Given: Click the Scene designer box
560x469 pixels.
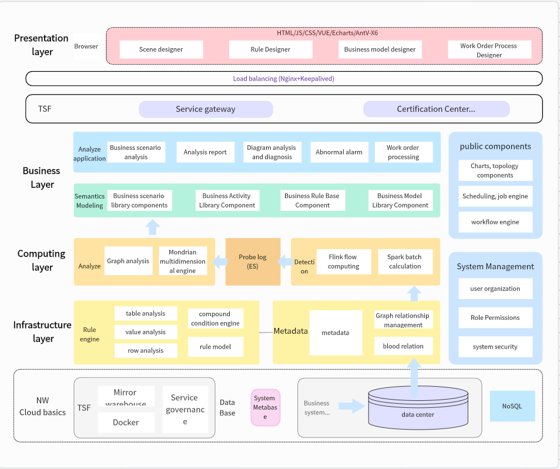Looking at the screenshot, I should pyautogui.click(x=161, y=49).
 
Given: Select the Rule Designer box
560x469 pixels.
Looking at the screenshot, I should pyautogui.click(x=270, y=49).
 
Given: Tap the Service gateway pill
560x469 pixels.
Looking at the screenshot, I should pyautogui.click(x=206, y=109).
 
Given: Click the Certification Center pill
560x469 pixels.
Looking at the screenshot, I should pyautogui.click(x=436, y=109).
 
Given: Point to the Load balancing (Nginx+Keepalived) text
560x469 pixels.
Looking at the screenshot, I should pyautogui.click(x=283, y=78).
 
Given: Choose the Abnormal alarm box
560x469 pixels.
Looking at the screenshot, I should pyautogui.click(x=339, y=152).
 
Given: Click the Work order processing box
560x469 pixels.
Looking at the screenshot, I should pyautogui.click(x=403, y=152).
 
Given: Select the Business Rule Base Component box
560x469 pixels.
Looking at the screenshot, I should pyautogui.click(x=312, y=200).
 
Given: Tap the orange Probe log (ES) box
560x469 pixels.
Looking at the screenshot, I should pyautogui.click(x=253, y=262).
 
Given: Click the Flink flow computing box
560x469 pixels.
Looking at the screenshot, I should pyautogui.click(x=343, y=262).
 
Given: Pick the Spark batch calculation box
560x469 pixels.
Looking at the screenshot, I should pyautogui.click(x=405, y=262).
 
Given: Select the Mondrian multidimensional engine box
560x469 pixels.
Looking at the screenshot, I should pyautogui.click(x=183, y=261).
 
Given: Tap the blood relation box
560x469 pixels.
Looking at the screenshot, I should pyautogui.click(x=403, y=346).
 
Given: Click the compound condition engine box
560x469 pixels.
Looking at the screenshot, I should pyautogui.click(x=214, y=319).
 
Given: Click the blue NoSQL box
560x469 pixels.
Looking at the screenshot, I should pyautogui.click(x=512, y=406).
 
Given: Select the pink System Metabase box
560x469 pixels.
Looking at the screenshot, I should pyautogui.click(x=265, y=407).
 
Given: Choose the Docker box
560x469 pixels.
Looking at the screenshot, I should pyautogui.click(x=126, y=423).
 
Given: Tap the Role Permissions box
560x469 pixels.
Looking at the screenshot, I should pyautogui.click(x=495, y=317).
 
